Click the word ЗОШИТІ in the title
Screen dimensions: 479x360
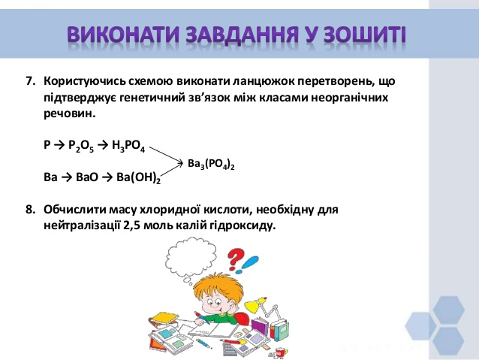coord(364,35)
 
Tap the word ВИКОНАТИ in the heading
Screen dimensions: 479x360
coord(123,35)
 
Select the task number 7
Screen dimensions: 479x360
coord(31,81)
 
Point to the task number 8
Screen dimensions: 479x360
coord(31,210)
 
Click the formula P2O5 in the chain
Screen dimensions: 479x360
coord(81,146)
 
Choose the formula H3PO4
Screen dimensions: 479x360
coord(128,146)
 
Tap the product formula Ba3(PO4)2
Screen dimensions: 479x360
coord(211,165)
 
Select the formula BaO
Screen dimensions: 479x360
coord(87,177)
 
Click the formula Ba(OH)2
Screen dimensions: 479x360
coord(138,178)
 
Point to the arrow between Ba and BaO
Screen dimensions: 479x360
coord(66,177)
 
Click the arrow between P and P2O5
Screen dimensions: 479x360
coord(59,144)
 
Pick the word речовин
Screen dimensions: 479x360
coord(68,114)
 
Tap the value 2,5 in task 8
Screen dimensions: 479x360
coord(132,226)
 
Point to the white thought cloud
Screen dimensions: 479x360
coord(191,256)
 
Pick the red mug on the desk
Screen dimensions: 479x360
coord(280,352)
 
